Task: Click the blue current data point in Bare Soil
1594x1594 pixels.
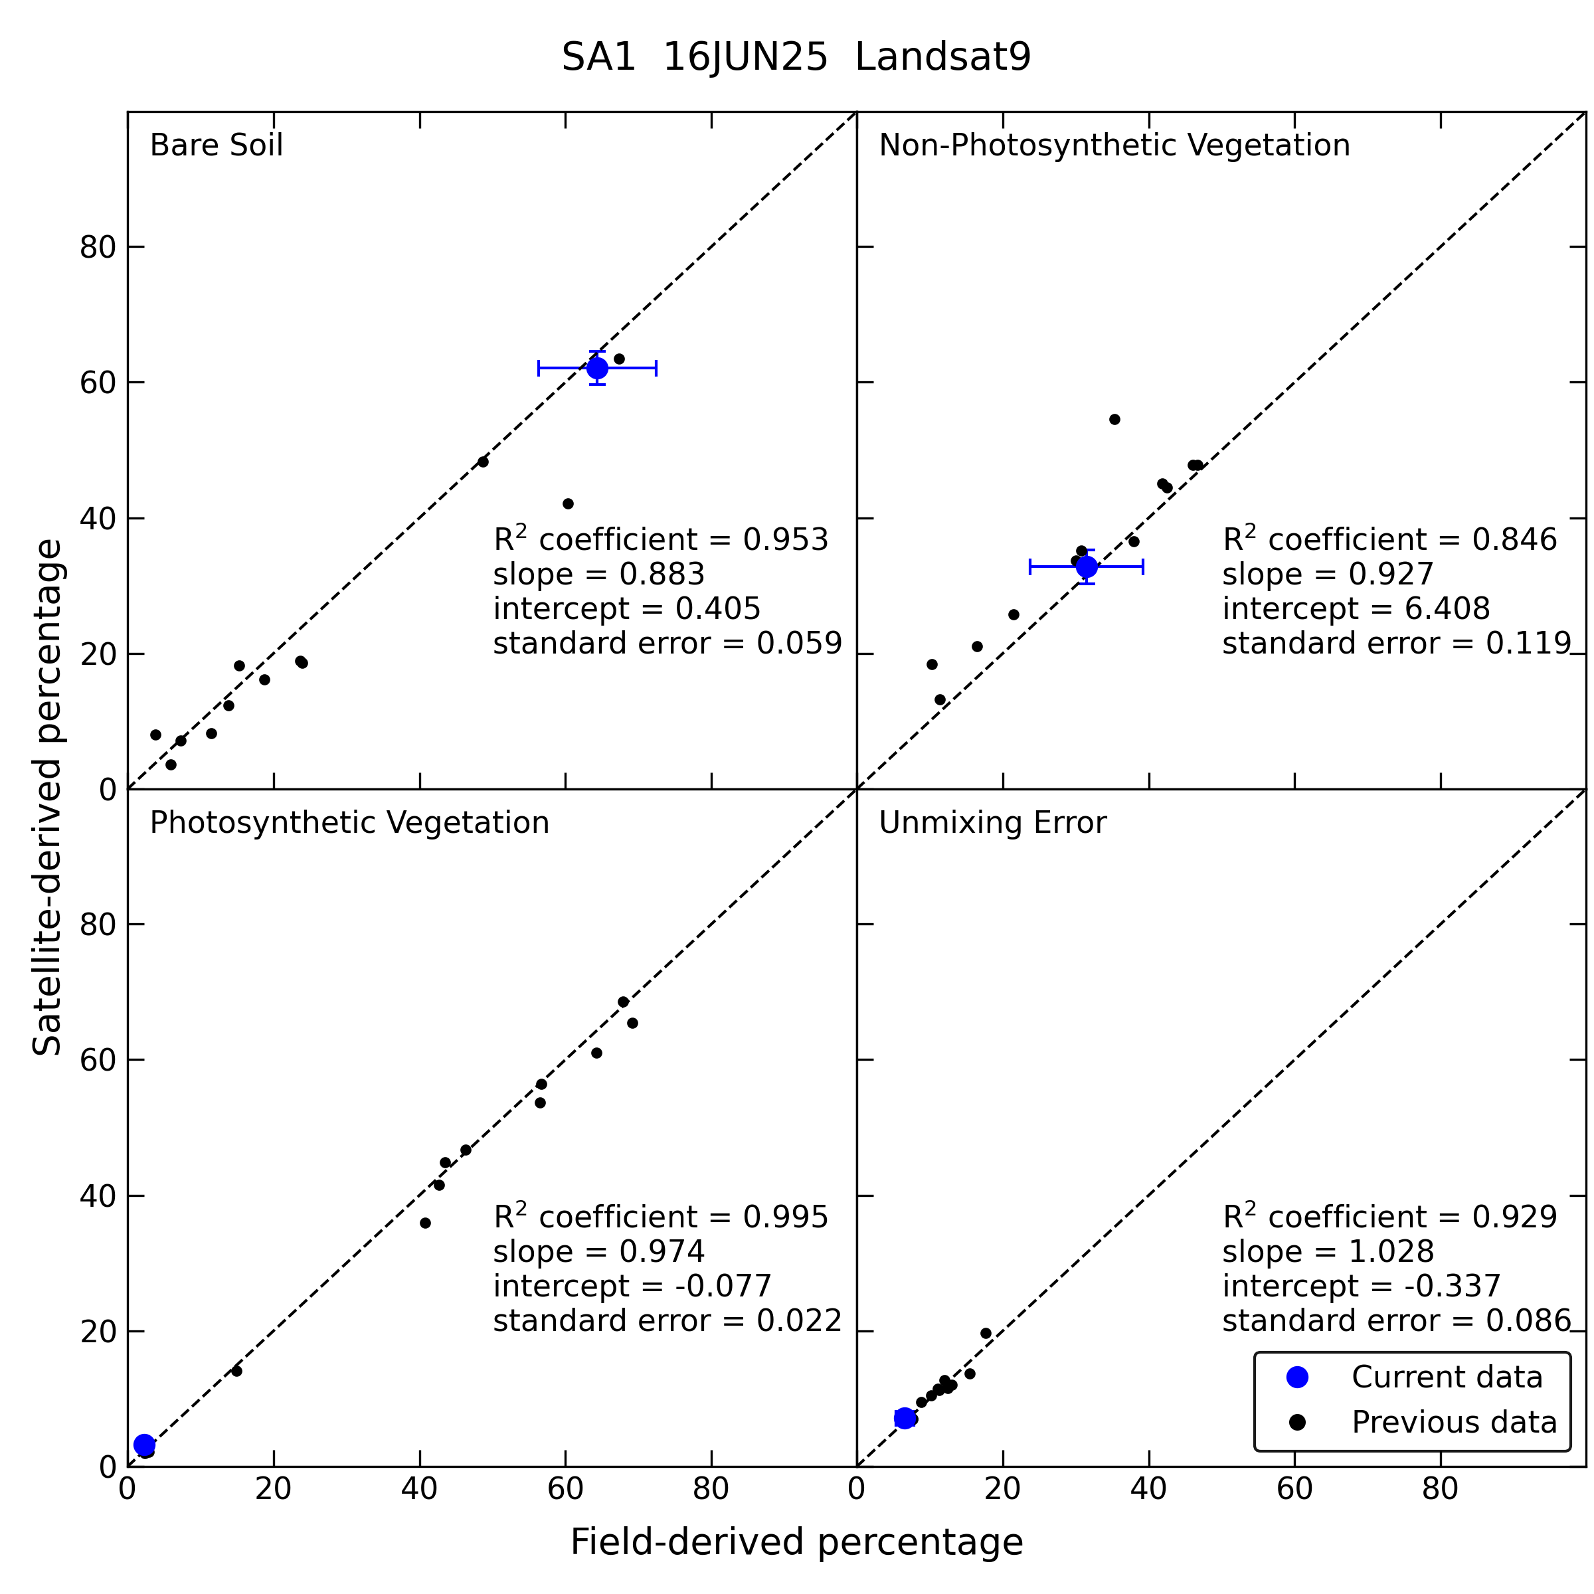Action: (597, 368)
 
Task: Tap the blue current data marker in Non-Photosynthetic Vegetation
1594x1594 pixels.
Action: (1087, 567)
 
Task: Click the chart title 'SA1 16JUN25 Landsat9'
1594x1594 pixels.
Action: (796, 58)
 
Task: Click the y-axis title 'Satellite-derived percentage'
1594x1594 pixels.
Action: (47, 797)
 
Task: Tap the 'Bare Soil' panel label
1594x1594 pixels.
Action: (216, 145)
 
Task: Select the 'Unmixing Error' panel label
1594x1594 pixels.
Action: (992, 823)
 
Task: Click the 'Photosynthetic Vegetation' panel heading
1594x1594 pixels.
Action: (349, 823)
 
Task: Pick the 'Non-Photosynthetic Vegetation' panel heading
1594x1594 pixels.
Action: (1114, 145)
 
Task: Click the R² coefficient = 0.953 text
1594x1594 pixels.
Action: (660, 539)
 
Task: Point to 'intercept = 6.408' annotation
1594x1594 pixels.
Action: (1356, 609)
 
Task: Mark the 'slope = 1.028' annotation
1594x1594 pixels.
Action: (1328, 1251)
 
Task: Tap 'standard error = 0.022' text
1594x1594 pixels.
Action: (667, 1321)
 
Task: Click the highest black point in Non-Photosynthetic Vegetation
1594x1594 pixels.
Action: (1114, 419)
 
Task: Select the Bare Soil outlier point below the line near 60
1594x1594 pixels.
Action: (568, 503)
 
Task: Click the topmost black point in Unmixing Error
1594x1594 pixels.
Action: (986, 1333)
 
